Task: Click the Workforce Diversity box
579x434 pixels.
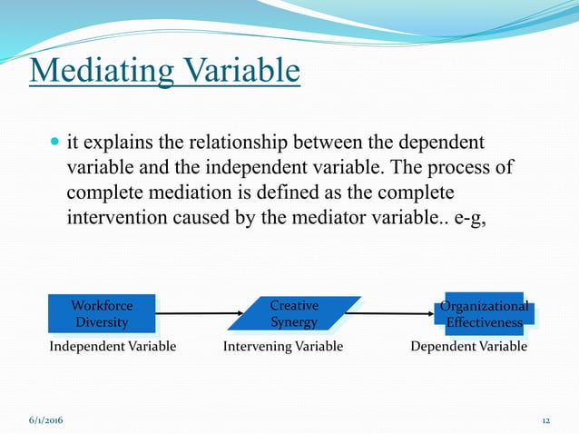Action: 102,314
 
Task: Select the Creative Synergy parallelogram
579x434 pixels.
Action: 294,314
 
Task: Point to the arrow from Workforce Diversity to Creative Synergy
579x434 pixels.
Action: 194,314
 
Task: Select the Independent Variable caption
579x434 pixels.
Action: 113,346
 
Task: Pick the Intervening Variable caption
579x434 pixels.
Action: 283,346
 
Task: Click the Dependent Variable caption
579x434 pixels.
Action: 468,346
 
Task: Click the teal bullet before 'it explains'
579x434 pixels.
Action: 54,143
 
